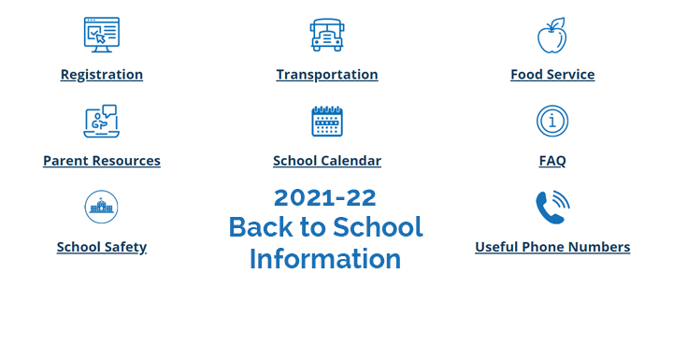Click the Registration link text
[x=102, y=75]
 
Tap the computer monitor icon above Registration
[x=102, y=35]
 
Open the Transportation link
[x=327, y=75]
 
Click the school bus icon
[x=327, y=35]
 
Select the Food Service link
[x=552, y=75]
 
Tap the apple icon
[x=551, y=36]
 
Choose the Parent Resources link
[x=102, y=161]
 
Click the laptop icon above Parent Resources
[x=101, y=121]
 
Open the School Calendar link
[x=327, y=161]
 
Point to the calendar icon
[x=327, y=121]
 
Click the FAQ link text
[x=552, y=161]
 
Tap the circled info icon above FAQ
[x=552, y=121]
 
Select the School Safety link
[x=102, y=248]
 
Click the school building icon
[x=101, y=207]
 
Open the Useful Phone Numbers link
[x=552, y=248]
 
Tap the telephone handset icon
[x=551, y=208]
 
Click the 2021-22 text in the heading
[x=325, y=197]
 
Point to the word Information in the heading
[x=325, y=259]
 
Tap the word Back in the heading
[x=260, y=227]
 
